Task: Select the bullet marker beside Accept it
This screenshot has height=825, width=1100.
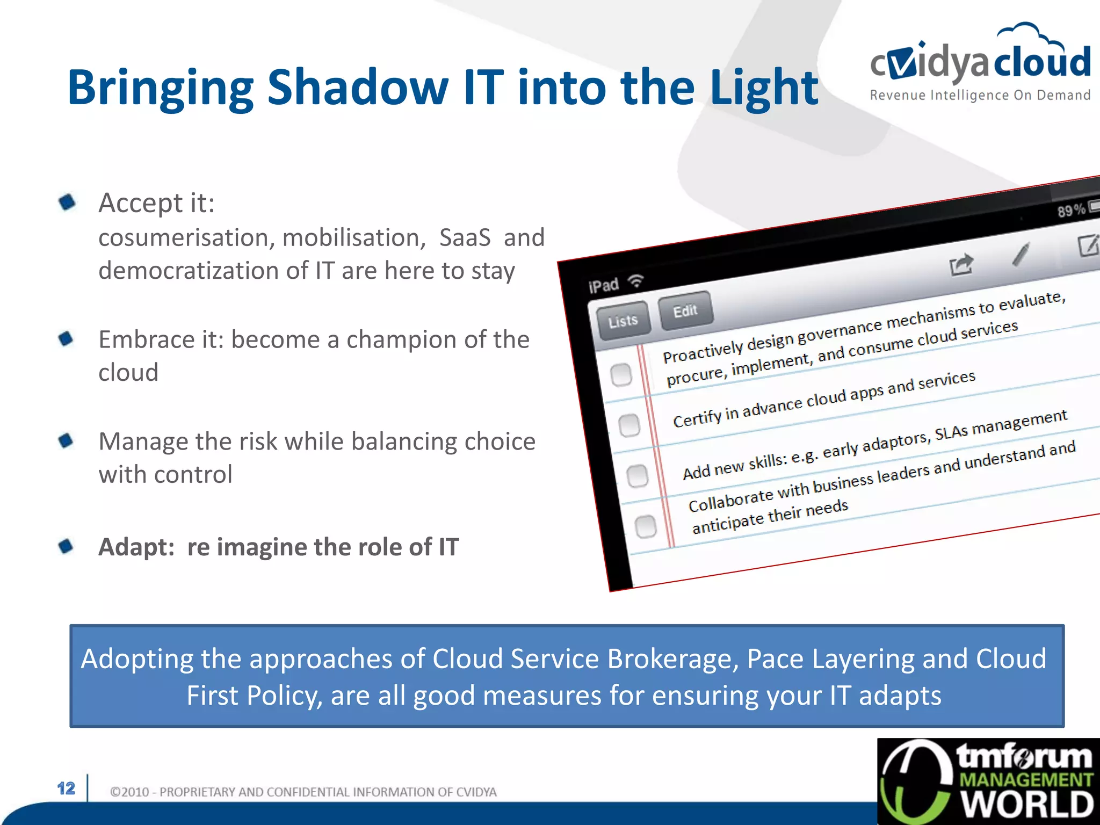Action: point(67,202)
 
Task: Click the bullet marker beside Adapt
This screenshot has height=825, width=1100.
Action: point(66,546)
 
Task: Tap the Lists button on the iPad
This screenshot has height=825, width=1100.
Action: point(623,321)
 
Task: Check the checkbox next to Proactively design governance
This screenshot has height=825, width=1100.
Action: point(621,374)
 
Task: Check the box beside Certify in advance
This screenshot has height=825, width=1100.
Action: point(629,425)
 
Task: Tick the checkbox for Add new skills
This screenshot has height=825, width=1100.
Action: point(638,476)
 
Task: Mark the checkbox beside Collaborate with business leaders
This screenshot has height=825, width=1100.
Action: point(646,526)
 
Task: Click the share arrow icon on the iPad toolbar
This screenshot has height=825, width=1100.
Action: point(960,264)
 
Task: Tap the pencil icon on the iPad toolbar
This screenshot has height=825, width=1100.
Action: point(1021,254)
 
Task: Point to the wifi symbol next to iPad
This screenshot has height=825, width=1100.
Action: point(636,280)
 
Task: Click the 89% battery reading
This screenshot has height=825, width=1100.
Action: point(1071,210)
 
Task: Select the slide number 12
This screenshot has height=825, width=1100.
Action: point(66,788)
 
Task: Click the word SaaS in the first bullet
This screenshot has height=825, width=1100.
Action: point(465,238)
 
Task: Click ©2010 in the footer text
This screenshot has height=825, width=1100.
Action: point(129,792)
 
